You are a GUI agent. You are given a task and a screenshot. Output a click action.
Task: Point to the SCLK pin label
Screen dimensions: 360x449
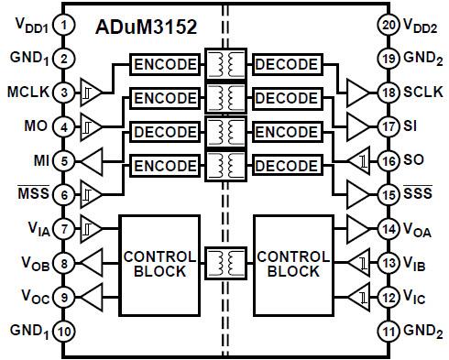point(423,93)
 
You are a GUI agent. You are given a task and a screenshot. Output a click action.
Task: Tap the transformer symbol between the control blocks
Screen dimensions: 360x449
point(224,264)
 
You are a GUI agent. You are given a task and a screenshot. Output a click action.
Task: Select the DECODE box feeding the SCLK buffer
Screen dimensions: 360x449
point(286,66)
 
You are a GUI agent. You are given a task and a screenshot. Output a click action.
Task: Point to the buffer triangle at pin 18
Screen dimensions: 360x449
point(356,93)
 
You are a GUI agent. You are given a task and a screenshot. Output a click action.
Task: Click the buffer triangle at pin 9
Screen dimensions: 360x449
point(93,297)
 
